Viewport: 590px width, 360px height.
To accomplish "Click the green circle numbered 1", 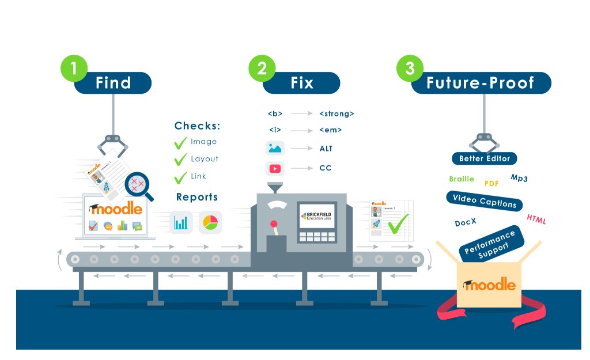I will [x=73, y=68].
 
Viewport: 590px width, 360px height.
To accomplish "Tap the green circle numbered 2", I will [x=262, y=68].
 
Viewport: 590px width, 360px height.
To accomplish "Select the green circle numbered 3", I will [x=410, y=68].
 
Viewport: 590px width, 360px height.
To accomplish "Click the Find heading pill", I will [x=114, y=83].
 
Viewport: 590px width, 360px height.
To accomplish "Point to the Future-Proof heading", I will [x=481, y=83].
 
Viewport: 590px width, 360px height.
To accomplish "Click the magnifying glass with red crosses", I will [x=138, y=185].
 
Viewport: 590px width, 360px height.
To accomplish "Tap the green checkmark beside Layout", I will [x=181, y=159].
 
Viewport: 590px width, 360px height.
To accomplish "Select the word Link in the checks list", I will [x=198, y=176].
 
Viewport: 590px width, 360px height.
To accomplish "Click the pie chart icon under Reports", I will [x=210, y=222].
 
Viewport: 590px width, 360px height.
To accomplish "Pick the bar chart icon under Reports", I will [x=181, y=222].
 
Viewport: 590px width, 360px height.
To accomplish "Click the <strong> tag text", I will [x=336, y=113].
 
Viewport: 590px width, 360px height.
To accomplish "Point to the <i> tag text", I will [x=274, y=130].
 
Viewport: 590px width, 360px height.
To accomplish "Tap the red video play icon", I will [x=274, y=169].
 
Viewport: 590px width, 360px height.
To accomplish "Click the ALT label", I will [x=326, y=149].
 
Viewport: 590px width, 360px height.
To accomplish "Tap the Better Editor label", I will [x=484, y=158].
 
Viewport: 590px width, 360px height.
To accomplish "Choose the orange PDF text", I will [x=491, y=184].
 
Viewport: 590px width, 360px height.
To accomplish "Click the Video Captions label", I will [x=484, y=201].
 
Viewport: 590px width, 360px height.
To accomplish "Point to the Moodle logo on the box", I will [x=489, y=285].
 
